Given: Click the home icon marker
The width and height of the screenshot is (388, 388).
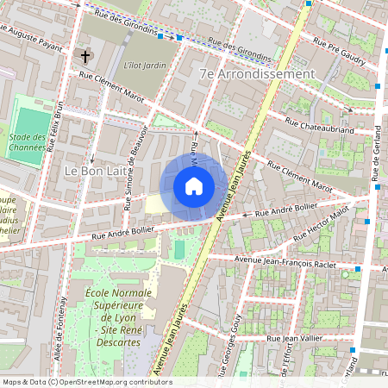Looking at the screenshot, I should pyautogui.click(x=194, y=186).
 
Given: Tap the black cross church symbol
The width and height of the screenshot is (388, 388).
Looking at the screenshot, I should pyautogui.click(x=85, y=57).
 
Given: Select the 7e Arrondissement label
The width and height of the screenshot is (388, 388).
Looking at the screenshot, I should pyautogui.click(x=256, y=75).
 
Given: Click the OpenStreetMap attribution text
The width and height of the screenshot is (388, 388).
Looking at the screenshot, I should pyautogui.click(x=86, y=382).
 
